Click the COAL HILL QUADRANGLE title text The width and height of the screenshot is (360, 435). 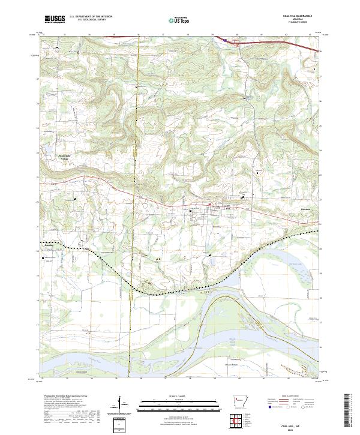pyautogui.click(x=302, y=16)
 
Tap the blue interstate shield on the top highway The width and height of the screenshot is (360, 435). pyautogui.click(x=225, y=40)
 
